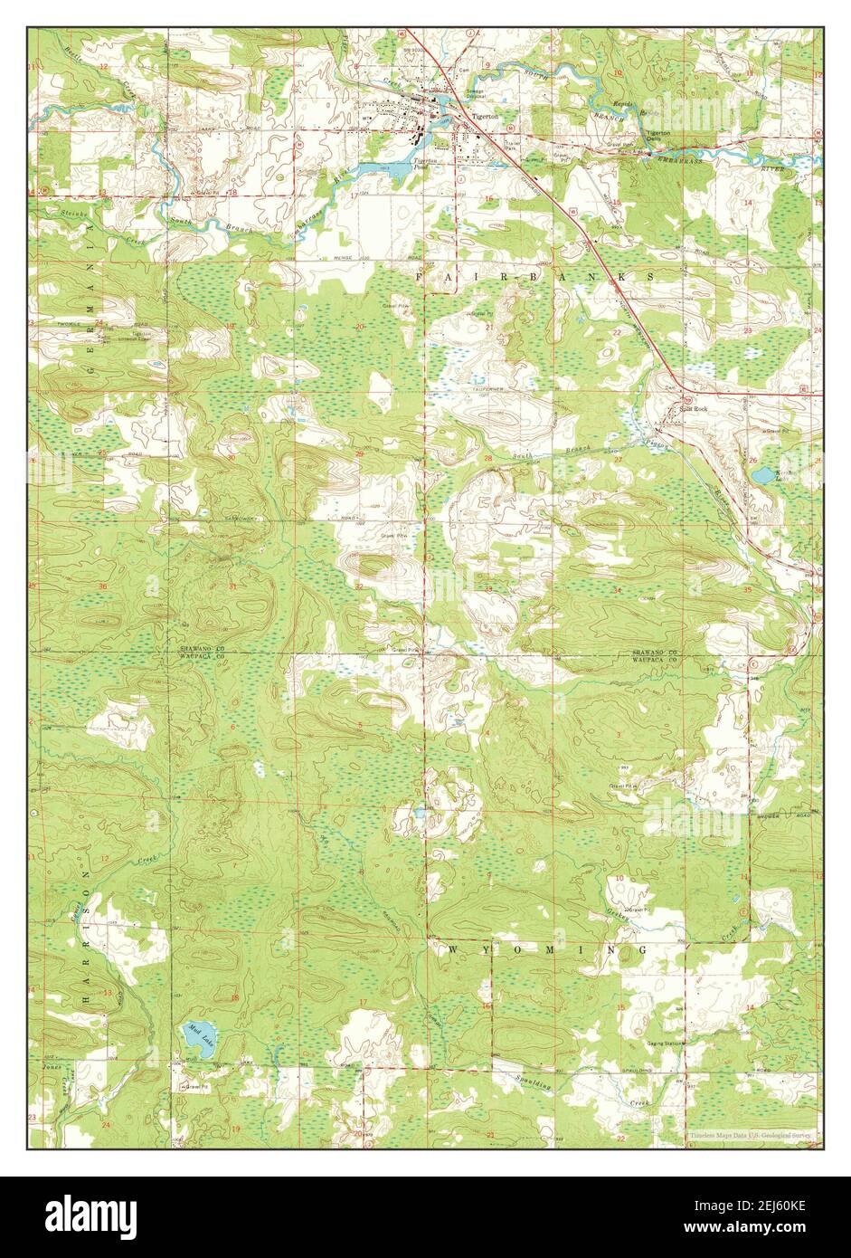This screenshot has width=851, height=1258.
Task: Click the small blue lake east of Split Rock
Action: pos(764,474)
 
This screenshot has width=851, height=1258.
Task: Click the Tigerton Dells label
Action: pos(657,135)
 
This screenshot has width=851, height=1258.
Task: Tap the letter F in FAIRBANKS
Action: pos(421,273)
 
